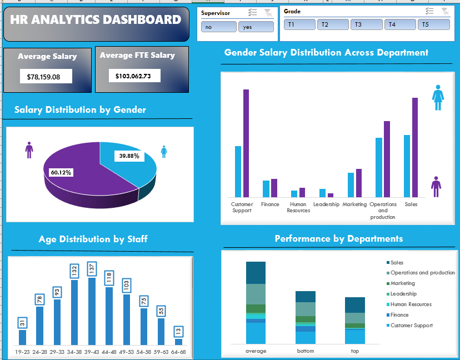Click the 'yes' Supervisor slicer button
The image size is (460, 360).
(256, 27)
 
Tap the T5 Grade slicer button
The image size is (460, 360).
(433, 24)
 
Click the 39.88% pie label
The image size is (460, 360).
(129, 156)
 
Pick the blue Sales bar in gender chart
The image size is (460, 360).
(407, 166)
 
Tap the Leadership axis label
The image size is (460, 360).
(326, 204)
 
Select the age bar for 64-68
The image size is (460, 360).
(178, 342)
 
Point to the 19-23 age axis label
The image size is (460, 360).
(22, 352)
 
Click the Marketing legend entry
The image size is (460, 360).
(402, 283)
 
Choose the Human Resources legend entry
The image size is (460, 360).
(411, 304)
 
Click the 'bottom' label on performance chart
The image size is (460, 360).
(305, 351)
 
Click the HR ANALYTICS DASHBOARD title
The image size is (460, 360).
(96, 20)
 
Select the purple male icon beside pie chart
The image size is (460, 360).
(29, 150)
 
